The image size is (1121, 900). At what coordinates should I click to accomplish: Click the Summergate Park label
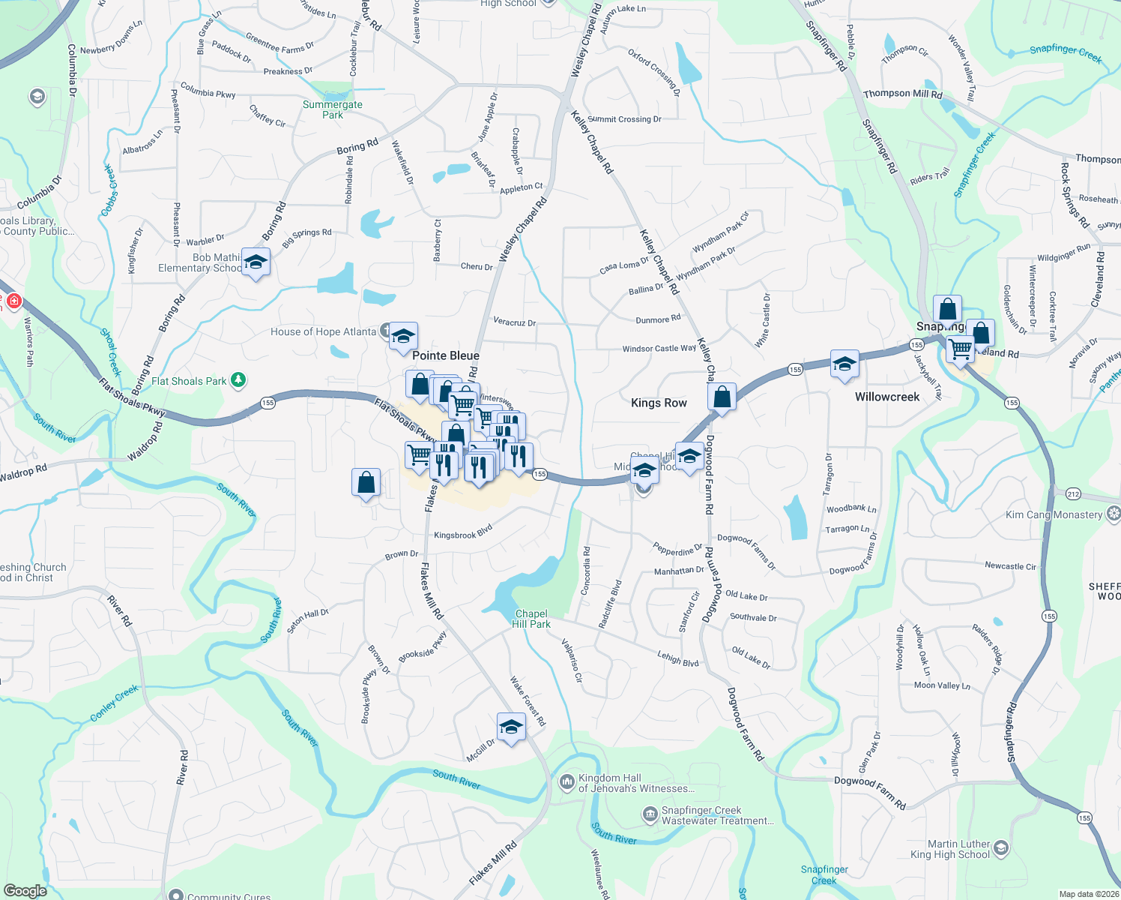(333, 109)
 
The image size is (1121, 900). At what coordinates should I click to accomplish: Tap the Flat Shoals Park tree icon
(238, 380)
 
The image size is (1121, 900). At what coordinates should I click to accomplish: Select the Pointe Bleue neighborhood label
(446, 355)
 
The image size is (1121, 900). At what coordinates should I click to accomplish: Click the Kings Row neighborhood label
(659, 403)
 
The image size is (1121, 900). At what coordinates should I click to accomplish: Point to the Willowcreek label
(887, 397)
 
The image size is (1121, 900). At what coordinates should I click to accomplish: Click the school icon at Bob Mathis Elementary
(256, 263)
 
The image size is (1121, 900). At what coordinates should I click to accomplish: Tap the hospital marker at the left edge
(13, 301)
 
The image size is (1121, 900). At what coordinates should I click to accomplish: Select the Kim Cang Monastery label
(1054, 514)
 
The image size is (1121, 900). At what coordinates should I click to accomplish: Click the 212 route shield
(1073, 493)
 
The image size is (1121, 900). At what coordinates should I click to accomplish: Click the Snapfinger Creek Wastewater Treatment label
(717, 815)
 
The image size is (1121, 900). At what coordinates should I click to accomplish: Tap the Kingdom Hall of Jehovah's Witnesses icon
(566, 782)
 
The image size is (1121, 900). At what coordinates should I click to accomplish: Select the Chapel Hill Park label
(531, 619)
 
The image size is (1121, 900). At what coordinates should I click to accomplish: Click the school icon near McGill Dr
(511, 727)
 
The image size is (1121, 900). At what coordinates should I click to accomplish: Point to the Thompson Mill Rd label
(902, 94)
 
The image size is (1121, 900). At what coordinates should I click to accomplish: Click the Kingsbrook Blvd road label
(463, 532)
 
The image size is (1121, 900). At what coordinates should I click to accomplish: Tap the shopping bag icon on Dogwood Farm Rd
(722, 397)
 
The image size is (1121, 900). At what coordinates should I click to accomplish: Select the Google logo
(25, 891)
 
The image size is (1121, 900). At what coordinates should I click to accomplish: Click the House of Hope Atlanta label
(323, 331)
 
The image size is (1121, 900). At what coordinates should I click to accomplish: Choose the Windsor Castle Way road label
(659, 349)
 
